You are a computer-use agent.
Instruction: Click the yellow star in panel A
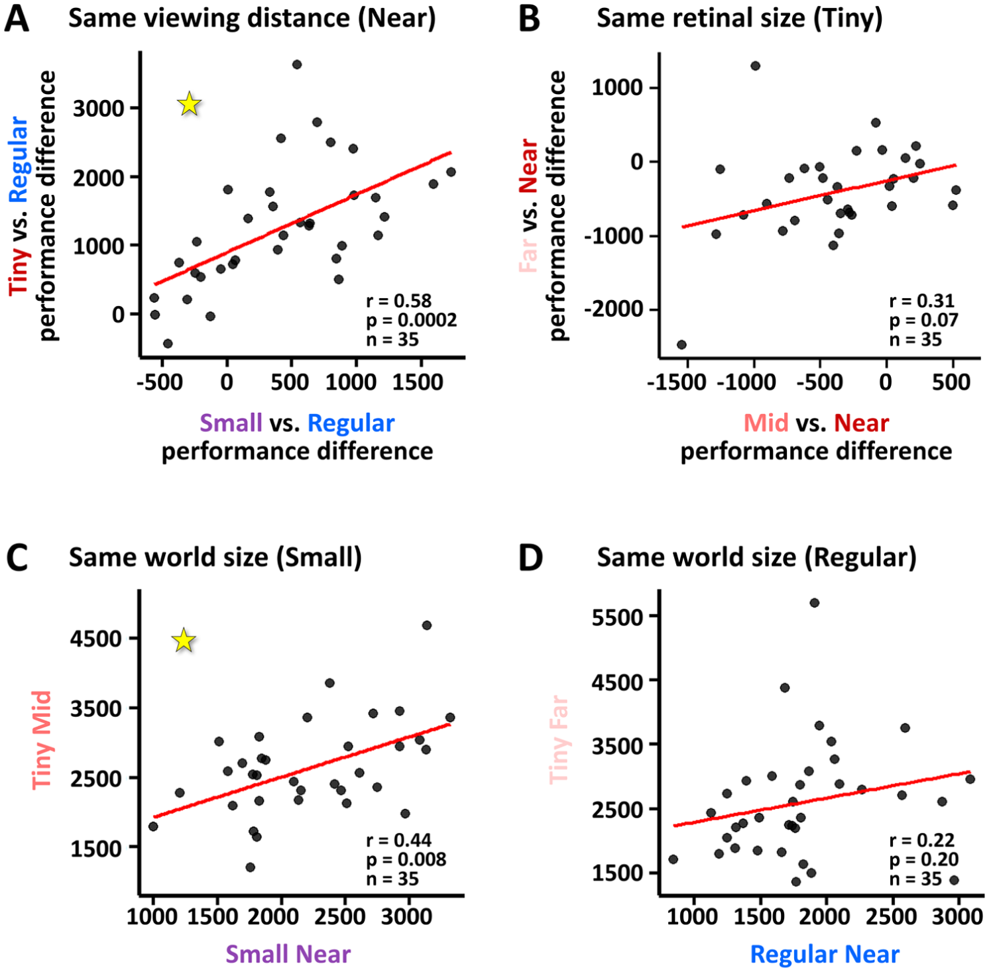(190, 103)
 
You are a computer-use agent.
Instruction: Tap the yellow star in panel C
(184, 640)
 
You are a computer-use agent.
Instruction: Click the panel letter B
(530, 19)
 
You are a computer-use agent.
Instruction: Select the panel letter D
(530, 558)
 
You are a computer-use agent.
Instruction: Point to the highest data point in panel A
(297, 64)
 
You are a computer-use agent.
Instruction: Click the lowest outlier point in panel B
(681, 345)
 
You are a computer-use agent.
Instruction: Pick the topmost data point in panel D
(814, 602)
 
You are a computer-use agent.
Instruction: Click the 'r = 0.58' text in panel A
(398, 301)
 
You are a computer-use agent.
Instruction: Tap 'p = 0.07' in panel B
(923, 320)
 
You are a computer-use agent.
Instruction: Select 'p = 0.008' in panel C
(406, 859)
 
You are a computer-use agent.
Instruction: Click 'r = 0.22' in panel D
(921, 840)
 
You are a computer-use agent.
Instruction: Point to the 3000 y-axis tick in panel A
(99, 108)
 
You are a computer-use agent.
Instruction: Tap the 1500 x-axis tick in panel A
(417, 382)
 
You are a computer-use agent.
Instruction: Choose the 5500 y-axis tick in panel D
(618, 617)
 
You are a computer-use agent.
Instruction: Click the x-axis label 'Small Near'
(288, 953)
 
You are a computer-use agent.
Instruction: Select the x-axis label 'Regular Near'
(825, 954)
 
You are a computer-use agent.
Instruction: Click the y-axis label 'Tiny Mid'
(42, 739)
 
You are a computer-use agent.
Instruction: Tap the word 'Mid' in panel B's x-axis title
(766, 423)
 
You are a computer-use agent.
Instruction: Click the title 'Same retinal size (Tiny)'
(740, 19)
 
